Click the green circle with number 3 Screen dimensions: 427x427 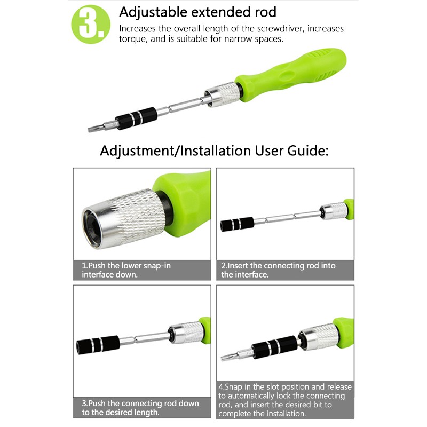coord(91,24)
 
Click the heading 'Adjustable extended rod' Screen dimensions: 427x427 coord(197,12)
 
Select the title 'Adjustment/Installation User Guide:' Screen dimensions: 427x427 coord(215,151)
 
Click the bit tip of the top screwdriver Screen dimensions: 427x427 coord(96,128)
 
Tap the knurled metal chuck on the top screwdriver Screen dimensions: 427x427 coord(223,94)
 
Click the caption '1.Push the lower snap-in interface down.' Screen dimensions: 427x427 coord(126,270)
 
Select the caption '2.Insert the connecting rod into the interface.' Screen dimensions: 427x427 coord(278,270)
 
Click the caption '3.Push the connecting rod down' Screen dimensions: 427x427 coord(140,404)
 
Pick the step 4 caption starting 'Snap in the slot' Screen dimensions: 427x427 coord(285,400)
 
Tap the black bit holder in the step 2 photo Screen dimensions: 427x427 coord(237,224)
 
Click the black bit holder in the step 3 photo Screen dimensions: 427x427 coord(98,345)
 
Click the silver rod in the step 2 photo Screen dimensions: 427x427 coord(287,217)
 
